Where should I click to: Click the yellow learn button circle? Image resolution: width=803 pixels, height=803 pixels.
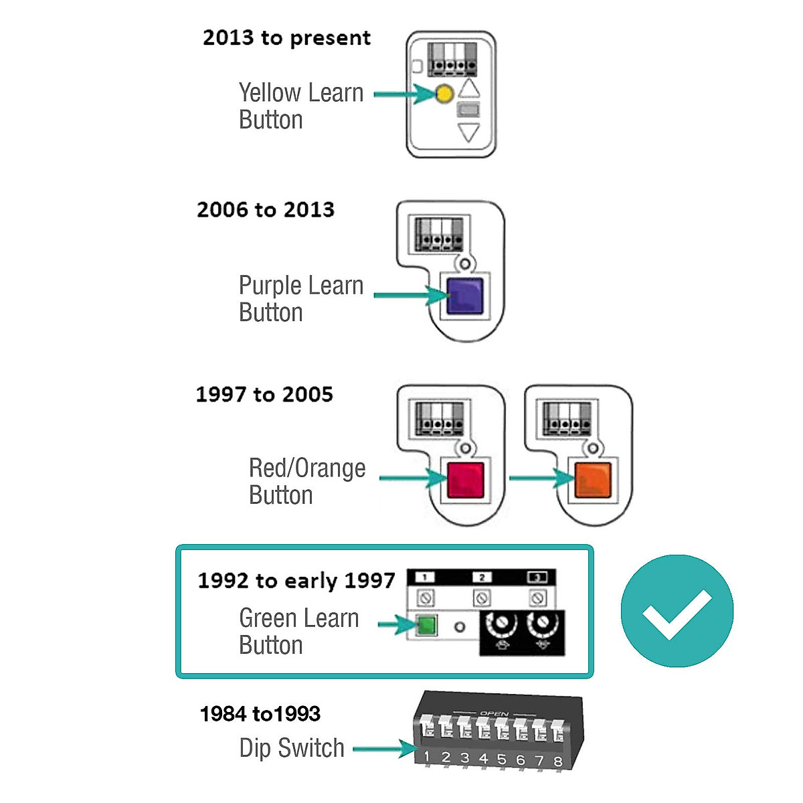click(444, 94)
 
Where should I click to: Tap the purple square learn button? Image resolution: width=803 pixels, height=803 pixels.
click(464, 296)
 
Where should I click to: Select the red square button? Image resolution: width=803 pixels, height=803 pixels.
click(465, 479)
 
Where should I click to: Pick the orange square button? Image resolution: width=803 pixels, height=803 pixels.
click(593, 479)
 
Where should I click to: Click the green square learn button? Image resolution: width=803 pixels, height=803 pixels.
click(426, 626)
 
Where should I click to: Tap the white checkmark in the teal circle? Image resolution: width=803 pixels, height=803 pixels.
click(677, 612)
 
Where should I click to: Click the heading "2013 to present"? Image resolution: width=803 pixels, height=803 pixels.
click(286, 38)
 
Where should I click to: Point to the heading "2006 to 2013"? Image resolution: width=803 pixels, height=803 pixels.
click(266, 209)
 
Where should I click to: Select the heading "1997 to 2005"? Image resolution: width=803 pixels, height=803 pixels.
click(264, 394)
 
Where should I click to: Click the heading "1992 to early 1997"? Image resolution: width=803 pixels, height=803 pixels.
click(296, 580)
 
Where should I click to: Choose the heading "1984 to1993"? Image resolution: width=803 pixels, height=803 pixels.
click(260, 714)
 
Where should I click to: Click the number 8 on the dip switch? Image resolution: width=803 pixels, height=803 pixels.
click(557, 762)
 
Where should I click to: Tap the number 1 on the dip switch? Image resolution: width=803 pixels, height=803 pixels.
click(427, 757)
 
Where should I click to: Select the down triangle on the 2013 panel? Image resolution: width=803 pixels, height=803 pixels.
click(468, 132)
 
